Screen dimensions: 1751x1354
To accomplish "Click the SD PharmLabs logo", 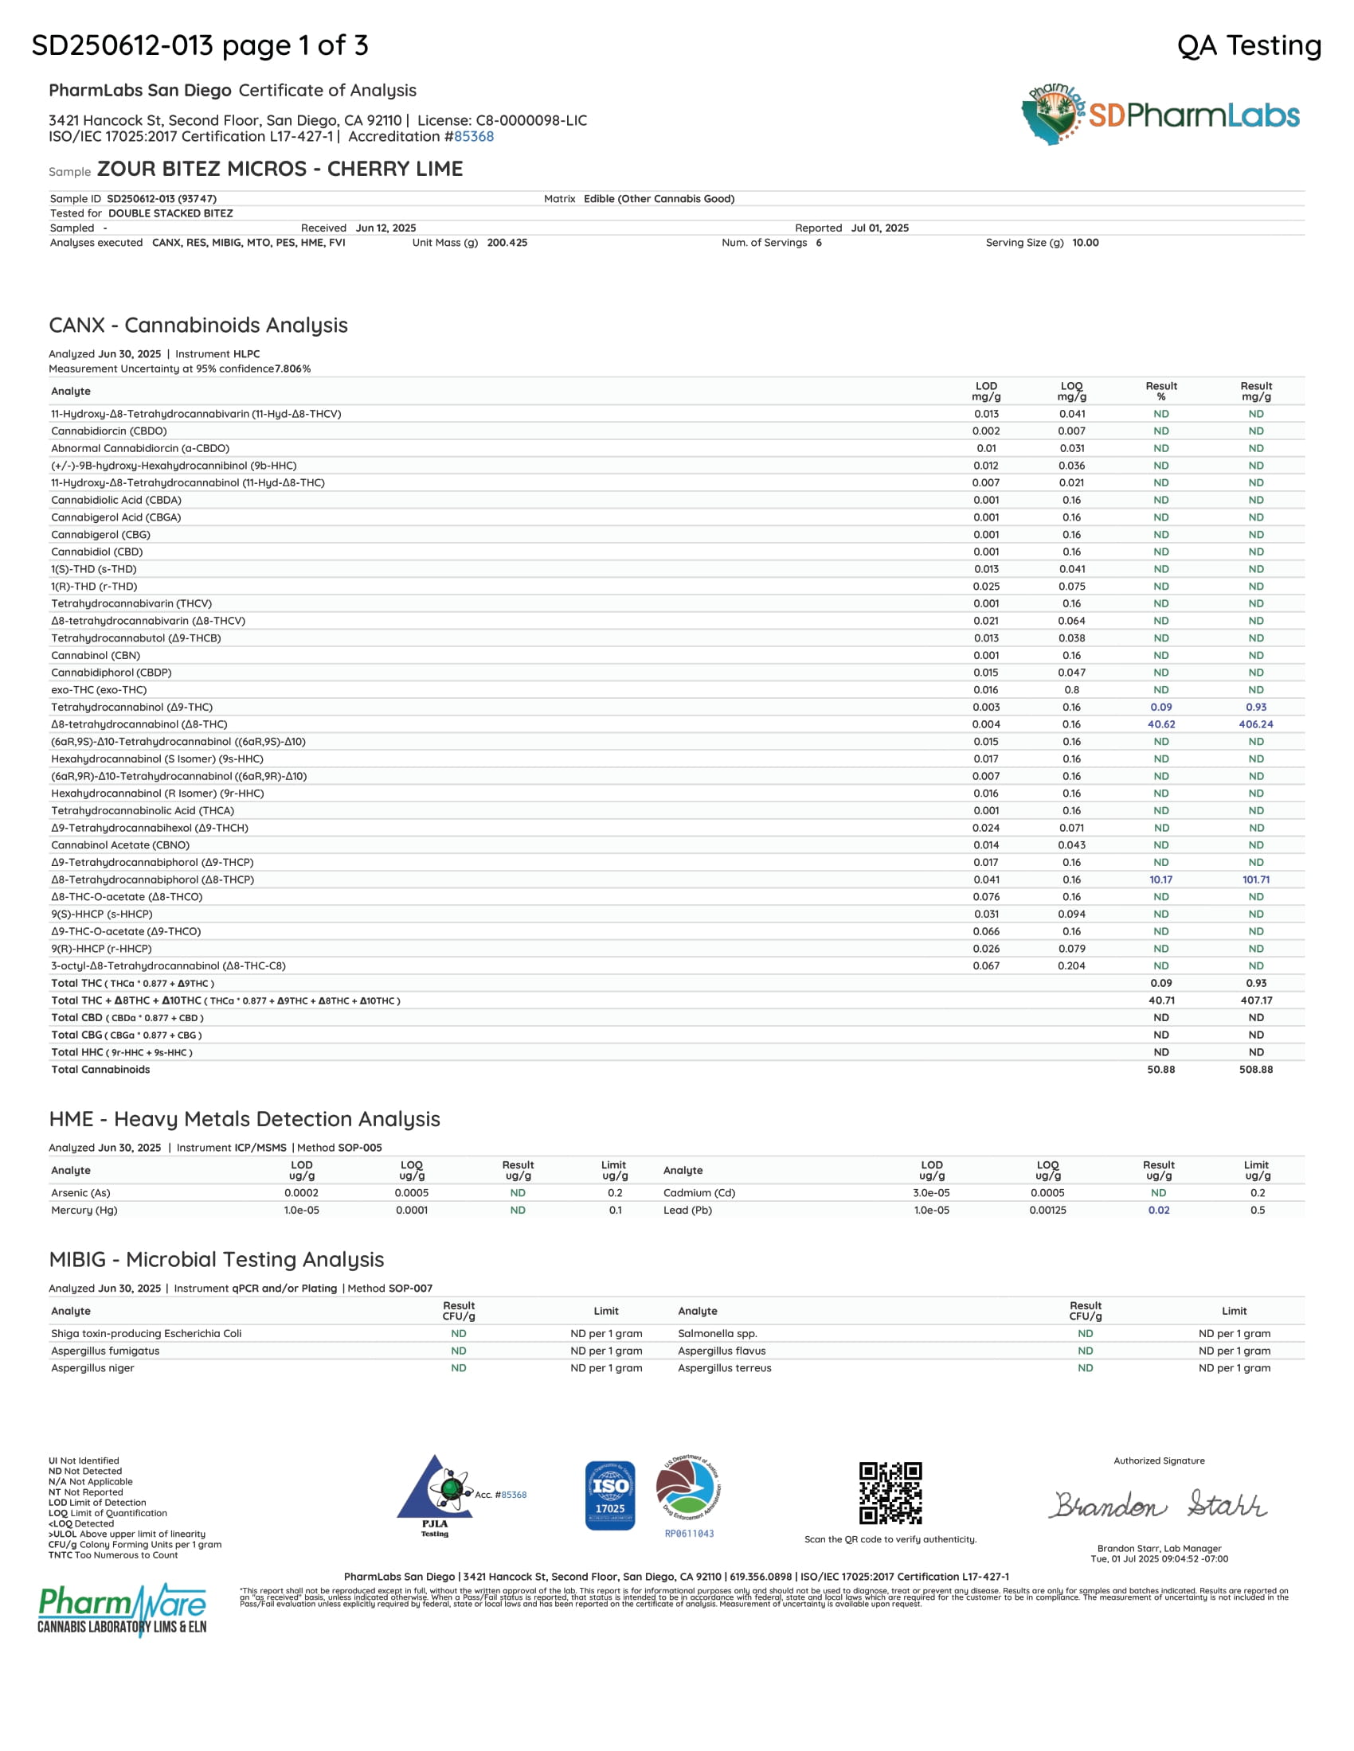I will point(1160,115).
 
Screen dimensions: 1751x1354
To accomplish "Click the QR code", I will point(890,1493).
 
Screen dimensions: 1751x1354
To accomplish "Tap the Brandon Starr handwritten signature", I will point(1159,1505).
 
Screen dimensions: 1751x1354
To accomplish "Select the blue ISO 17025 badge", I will point(609,1496).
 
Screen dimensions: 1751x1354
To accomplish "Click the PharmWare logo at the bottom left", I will point(122,1609).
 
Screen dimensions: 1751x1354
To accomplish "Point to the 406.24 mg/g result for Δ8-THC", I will point(1255,724).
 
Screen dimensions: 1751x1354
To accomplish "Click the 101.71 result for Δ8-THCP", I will point(1255,879).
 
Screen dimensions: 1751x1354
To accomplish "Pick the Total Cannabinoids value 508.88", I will point(1255,1070).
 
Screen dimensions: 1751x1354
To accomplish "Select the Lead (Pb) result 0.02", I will point(1158,1210).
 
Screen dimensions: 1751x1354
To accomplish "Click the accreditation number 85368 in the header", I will point(474,136).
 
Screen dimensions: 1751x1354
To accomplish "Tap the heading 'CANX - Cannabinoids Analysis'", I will point(198,325).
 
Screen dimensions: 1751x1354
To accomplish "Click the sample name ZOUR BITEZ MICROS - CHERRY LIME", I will point(280,169).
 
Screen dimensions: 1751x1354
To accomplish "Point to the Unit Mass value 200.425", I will point(507,242).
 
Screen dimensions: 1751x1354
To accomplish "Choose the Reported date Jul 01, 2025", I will point(879,228).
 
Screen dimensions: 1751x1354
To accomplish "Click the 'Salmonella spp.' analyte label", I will point(717,1333).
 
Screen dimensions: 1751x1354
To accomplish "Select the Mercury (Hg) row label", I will point(84,1210).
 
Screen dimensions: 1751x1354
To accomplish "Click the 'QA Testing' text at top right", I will point(1249,45).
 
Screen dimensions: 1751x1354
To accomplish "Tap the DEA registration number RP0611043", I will point(689,1534).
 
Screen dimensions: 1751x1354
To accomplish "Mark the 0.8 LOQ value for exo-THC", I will point(1071,689).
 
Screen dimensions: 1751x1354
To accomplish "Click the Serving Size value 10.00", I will point(1086,242).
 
